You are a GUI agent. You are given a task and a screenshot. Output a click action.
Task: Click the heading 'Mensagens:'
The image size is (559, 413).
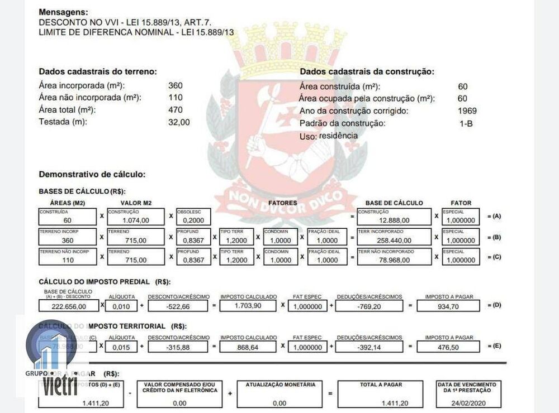(64, 12)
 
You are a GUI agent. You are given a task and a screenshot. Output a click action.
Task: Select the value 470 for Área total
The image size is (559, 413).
(175, 110)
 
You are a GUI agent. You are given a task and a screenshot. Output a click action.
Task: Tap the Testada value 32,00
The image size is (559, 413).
(179, 122)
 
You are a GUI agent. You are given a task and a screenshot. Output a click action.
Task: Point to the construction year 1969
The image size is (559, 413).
(467, 111)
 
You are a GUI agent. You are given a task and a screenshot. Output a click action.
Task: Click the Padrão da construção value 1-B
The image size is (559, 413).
(466, 123)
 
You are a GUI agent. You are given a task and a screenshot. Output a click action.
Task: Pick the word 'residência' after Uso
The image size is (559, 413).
(338, 135)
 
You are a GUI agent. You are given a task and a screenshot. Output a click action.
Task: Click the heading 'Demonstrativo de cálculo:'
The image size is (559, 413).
(92, 174)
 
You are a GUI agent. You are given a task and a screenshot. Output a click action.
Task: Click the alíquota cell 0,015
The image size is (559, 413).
(121, 347)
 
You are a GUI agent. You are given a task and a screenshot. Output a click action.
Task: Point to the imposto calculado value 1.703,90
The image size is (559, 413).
(248, 306)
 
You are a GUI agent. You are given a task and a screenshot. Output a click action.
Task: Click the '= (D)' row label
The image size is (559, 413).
(495, 306)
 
